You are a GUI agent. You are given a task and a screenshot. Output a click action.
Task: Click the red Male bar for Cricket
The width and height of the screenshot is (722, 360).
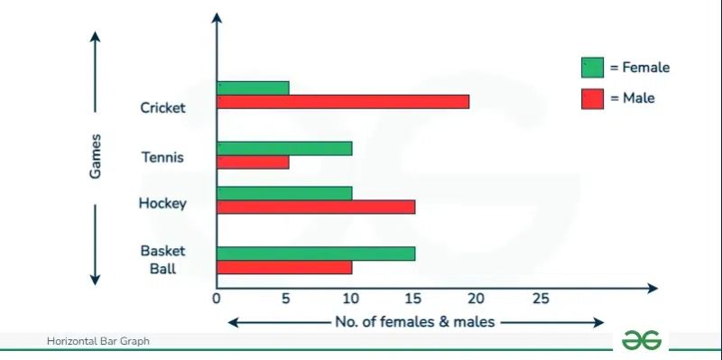tap(343, 101)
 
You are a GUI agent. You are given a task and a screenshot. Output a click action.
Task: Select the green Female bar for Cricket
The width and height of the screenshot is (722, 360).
tap(254, 88)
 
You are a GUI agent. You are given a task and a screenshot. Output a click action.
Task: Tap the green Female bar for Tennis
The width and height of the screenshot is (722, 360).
tap(285, 148)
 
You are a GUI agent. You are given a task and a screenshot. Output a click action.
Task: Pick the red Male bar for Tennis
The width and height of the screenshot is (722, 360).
tap(254, 162)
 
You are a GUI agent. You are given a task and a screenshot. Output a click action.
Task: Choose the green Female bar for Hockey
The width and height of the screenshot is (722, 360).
tap(285, 193)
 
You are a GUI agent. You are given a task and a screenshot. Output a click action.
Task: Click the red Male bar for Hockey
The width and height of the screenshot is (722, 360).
tap(317, 207)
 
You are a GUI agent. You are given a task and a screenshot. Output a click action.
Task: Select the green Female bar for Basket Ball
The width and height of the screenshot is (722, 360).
tap(317, 254)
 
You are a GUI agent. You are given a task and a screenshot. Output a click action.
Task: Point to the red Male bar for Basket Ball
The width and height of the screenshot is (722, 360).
tap(285, 268)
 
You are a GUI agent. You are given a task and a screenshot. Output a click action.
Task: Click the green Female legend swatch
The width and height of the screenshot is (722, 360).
tap(592, 68)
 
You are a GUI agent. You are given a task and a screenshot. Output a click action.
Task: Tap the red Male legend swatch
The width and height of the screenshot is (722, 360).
tap(592, 97)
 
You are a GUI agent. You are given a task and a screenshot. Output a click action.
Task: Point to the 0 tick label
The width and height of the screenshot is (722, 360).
tap(217, 299)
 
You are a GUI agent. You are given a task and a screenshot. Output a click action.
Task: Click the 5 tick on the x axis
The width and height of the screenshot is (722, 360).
tap(284, 299)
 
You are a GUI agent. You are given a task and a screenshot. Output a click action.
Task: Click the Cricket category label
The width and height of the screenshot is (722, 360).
tap(162, 108)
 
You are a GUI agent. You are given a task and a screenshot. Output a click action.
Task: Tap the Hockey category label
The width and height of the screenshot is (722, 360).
tap(162, 203)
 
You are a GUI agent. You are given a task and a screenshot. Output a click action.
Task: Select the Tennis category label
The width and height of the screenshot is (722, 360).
tap(162, 157)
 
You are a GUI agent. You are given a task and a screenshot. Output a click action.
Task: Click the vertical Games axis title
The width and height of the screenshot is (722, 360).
tap(95, 156)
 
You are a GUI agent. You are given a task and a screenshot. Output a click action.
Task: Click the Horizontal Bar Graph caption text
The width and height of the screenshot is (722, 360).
tap(98, 341)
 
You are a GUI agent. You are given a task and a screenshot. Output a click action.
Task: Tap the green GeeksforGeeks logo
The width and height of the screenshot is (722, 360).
tap(641, 339)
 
